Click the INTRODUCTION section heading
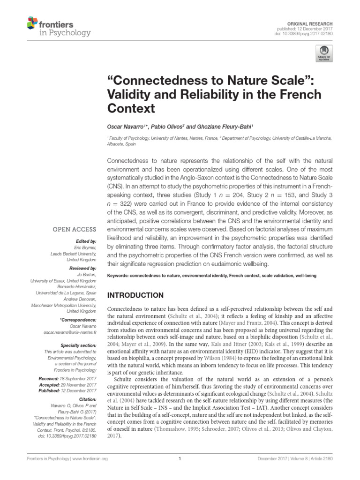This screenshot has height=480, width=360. (135, 295)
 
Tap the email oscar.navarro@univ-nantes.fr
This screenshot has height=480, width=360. (69, 332)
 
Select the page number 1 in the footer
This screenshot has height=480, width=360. (180, 459)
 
